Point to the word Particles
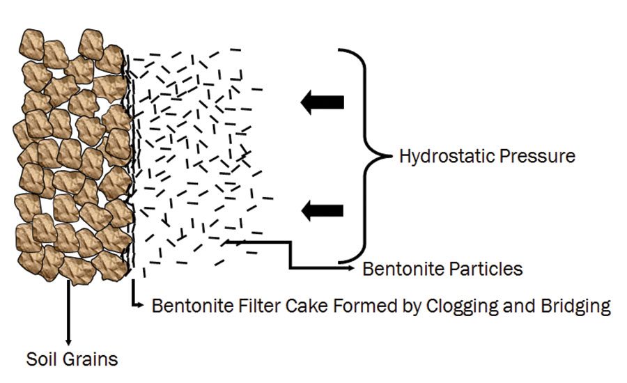point(493,269)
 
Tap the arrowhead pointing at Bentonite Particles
point(353,266)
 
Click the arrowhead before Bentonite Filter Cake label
point(141,305)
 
